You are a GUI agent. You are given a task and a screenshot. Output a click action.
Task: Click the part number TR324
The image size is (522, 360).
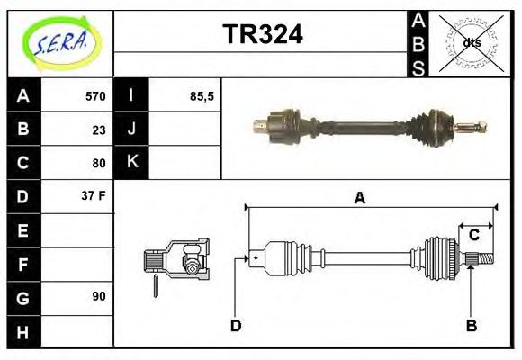click(262, 33)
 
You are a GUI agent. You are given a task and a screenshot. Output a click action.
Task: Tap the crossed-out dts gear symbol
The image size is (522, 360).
click(470, 41)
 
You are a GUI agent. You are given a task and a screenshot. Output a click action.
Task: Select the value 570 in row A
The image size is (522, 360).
click(94, 96)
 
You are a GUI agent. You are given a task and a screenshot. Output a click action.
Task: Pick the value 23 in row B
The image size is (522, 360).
click(98, 130)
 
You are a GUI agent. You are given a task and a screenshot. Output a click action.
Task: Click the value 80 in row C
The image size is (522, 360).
click(98, 163)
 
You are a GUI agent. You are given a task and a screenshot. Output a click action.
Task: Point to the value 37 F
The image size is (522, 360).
click(94, 195)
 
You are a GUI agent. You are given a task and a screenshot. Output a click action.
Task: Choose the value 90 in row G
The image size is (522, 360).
click(98, 295)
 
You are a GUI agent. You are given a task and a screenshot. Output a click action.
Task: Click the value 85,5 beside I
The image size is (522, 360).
click(202, 96)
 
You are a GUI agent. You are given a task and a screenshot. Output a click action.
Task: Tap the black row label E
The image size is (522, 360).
click(23, 230)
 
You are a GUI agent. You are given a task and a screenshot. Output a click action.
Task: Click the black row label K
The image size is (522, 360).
click(131, 163)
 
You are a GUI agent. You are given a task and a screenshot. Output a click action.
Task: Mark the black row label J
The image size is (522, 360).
click(131, 130)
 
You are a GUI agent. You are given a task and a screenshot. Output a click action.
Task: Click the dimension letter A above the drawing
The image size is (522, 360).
click(359, 198)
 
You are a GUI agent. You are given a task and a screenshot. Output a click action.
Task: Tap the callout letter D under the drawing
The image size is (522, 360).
click(236, 325)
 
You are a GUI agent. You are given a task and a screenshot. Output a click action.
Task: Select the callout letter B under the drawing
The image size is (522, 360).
click(471, 325)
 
